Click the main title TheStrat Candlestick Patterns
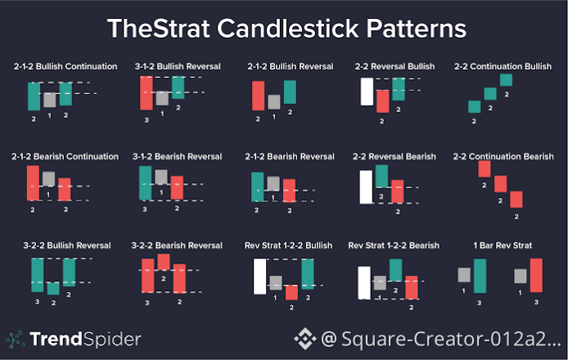[286, 29]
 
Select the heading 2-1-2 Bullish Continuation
[65, 66]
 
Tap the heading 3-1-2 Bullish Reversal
[178, 66]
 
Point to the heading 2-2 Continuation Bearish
[503, 156]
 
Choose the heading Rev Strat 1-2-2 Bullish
[288, 245]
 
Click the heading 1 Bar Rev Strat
[503, 245]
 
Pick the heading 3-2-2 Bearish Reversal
[177, 245]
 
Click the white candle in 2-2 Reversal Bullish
[367, 92]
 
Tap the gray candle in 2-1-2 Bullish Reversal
[274, 102]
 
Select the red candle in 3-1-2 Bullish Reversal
[147, 93]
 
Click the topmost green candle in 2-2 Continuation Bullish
[506, 80]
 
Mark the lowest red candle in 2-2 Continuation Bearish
[516, 199]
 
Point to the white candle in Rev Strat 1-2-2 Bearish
[364, 283]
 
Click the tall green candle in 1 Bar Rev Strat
[480, 276]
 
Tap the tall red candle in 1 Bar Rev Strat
[536, 275]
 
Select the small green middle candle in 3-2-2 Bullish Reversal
[53, 288]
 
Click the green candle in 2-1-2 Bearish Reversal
[258, 187]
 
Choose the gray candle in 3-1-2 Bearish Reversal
[161, 177]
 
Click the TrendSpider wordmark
[85, 340]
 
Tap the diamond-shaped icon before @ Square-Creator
[305, 339]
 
